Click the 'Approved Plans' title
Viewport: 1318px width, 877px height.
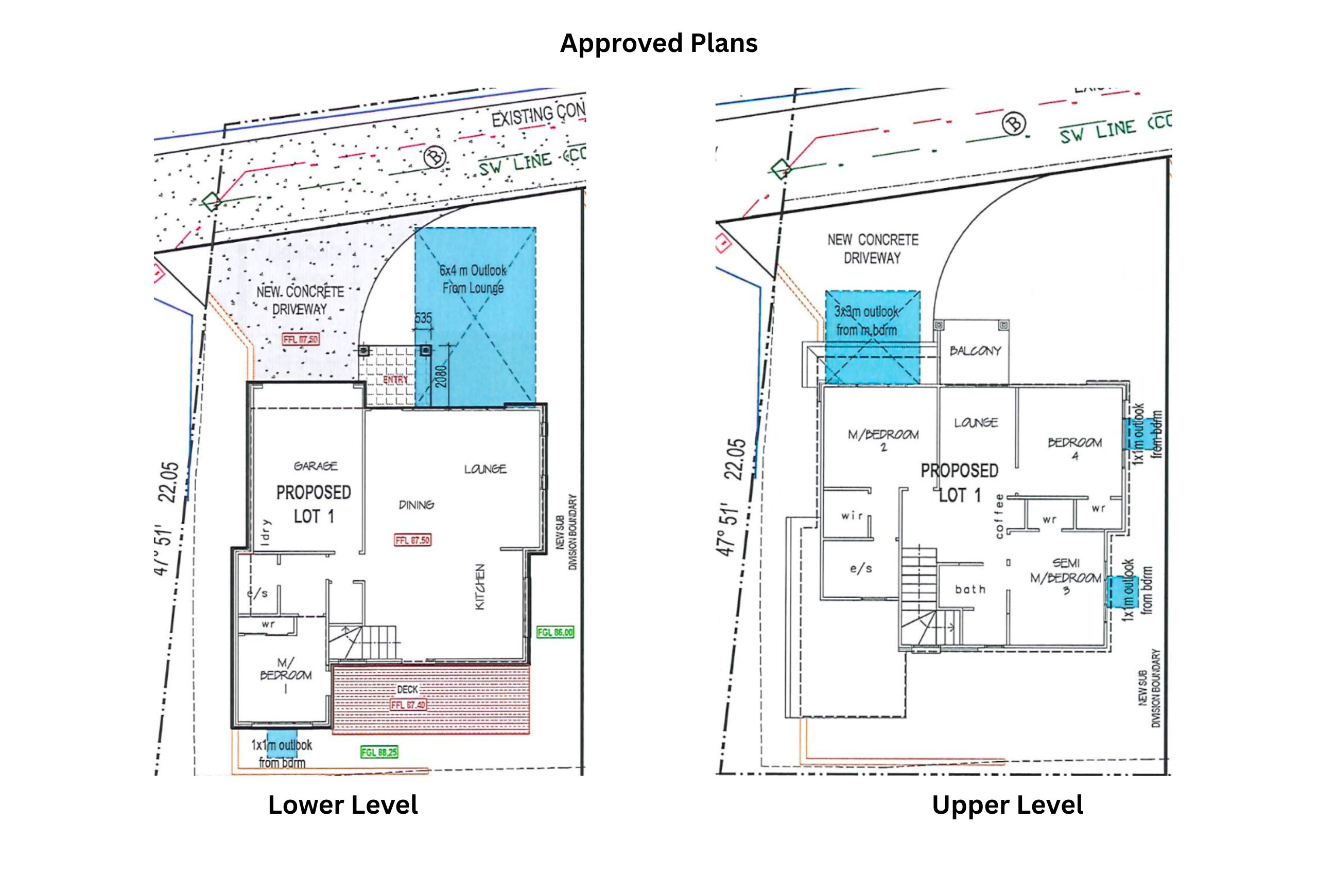click(x=658, y=44)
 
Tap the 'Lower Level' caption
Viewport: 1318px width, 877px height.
click(x=342, y=805)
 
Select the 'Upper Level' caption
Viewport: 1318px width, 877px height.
click(x=1007, y=805)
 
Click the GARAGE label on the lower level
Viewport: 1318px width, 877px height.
click(x=316, y=466)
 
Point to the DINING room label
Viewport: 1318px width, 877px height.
click(x=416, y=505)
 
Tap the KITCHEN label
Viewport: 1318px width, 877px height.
click(x=480, y=587)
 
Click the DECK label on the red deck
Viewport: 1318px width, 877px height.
click(x=407, y=689)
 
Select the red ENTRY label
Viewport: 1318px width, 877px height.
click(x=395, y=380)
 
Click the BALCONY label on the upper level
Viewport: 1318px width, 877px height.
click(x=975, y=351)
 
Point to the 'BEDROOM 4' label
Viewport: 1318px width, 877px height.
click(x=1074, y=449)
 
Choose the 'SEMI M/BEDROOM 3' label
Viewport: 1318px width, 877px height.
click(x=1066, y=576)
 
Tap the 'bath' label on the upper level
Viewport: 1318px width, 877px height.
click(x=970, y=589)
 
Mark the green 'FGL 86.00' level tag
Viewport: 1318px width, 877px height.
click(x=554, y=632)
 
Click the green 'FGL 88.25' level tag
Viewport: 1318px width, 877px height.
click(x=379, y=753)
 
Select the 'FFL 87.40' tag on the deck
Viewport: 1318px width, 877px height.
click(x=408, y=705)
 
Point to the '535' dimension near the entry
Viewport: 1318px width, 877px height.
click(x=423, y=318)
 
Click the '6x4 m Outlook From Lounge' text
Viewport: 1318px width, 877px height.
click(x=473, y=279)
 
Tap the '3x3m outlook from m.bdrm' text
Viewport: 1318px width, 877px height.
click(x=866, y=320)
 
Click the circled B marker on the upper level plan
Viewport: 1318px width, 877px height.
click(x=1014, y=123)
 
